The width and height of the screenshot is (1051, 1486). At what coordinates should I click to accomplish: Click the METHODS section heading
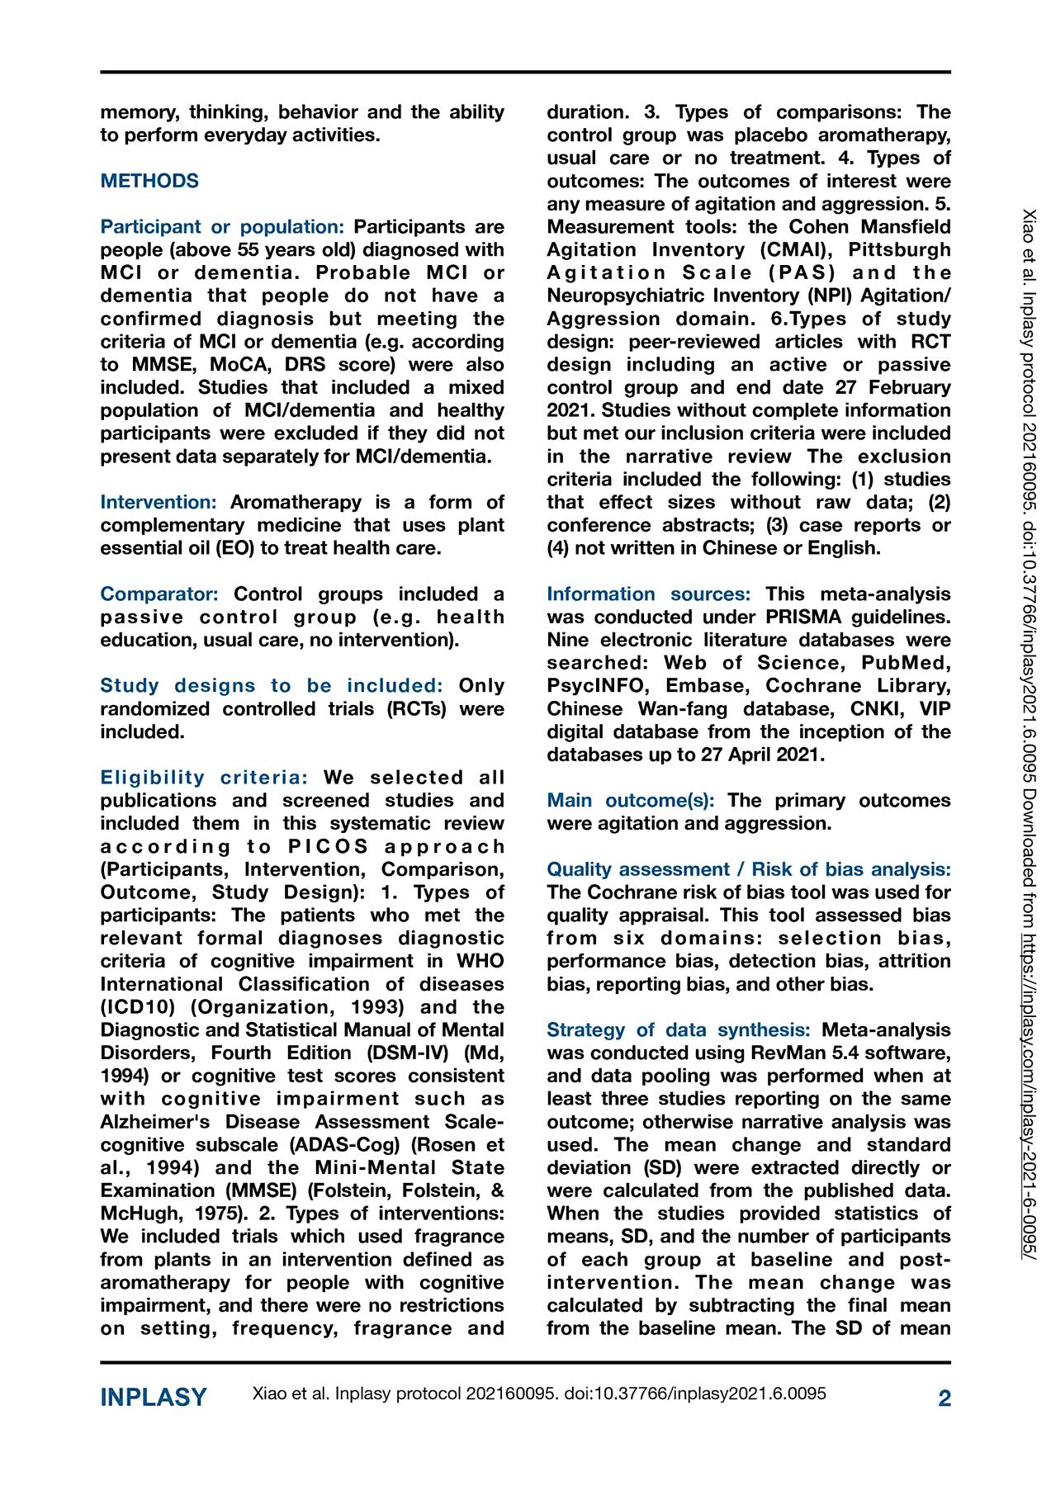(149, 181)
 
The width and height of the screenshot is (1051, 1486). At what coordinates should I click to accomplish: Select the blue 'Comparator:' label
(159, 594)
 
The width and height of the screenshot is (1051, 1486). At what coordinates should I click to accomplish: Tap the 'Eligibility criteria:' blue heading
(205, 778)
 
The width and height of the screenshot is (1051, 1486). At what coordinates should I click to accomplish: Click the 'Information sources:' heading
(649, 594)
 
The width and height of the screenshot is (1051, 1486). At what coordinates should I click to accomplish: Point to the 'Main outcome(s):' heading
(631, 801)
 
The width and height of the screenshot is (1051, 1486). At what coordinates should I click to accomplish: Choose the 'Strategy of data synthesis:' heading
(679, 1030)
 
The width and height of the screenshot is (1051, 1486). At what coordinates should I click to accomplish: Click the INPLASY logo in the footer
(154, 1398)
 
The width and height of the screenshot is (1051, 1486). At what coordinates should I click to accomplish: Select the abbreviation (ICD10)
(143, 1007)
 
